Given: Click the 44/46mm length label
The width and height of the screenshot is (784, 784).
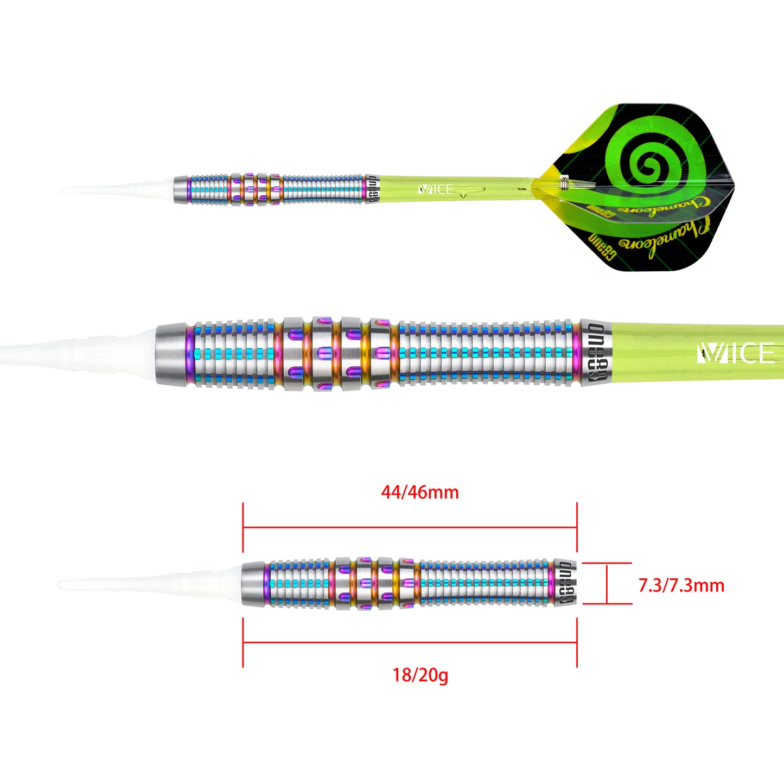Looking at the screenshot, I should (419, 492).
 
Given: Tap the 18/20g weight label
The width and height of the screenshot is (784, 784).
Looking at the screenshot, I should (420, 675).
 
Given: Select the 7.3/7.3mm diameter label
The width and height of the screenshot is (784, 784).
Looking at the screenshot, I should (681, 585).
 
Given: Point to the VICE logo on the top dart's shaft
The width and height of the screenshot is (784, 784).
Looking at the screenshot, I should (436, 189).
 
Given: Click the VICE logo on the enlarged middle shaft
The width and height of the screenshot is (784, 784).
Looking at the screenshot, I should (736, 354).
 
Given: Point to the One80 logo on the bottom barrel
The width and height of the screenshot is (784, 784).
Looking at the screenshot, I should (565, 583).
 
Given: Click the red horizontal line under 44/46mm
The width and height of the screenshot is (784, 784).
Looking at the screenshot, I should (410, 527).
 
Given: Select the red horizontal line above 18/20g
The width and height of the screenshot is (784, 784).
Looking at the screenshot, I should (410, 643).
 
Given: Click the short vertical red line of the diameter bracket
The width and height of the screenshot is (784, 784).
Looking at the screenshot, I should (607, 583).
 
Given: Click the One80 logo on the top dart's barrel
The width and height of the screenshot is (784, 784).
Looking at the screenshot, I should (372, 189).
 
